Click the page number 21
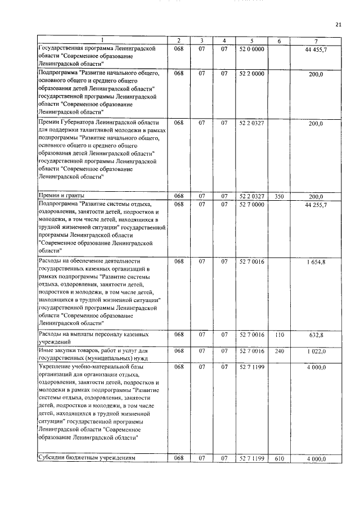(x=338, y=24)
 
